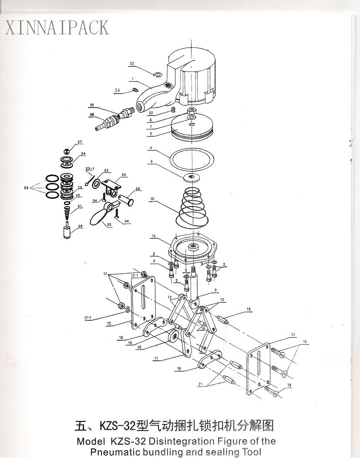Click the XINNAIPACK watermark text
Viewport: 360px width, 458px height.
[x=57, y=28]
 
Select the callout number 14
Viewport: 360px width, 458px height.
[x=154, y=236]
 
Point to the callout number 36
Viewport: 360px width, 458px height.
[x=92, y=115]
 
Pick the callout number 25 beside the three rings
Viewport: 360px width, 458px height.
[x=26, y=188]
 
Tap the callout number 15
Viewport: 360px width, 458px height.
[x=249, y=309]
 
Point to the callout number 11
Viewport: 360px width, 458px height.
[x=156, y=358]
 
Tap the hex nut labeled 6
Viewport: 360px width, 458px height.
[x=192, y=111]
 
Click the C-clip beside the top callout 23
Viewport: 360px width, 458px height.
[x=157, y=75]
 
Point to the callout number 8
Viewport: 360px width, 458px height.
[x=151, y=161]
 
